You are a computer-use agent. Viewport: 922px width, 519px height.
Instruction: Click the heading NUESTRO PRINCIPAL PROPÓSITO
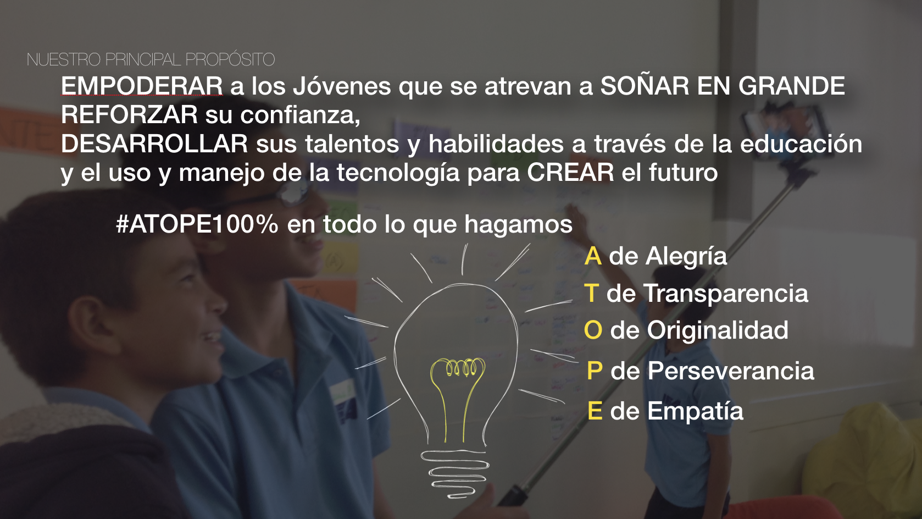click(151, 60)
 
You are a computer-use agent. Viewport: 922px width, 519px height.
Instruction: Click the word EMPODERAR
click(142, 86)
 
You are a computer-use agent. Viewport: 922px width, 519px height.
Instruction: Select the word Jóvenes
click(342, 86)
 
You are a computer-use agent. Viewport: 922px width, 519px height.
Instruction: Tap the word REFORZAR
click(129, 114)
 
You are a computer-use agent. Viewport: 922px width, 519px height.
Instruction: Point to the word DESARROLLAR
click(154, 143)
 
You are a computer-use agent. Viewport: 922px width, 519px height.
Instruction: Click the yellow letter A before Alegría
click(593, 256)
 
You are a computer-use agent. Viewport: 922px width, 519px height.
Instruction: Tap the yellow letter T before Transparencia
click(591, 293)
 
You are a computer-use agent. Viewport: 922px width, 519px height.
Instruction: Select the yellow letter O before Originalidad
click(593, 330)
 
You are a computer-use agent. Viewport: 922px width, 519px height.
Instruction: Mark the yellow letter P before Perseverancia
click(595, 371)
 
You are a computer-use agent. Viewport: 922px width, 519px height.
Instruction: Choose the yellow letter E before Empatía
click(595, 411)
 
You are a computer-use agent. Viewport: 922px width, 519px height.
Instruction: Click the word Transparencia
click(726, 293)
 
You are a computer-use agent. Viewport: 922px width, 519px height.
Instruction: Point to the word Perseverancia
click(731, 371)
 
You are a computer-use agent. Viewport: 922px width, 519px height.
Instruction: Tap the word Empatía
click(695, 411)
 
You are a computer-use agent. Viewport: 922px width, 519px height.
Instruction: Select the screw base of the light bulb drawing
click(454, 474)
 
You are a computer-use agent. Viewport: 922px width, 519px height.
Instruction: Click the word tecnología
click(398, 173)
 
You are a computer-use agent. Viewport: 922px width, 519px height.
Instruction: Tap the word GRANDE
click(792, 86)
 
